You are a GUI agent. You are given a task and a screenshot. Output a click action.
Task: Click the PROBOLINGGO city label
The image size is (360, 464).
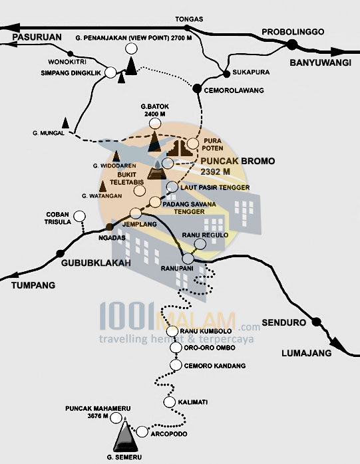pos(292,32)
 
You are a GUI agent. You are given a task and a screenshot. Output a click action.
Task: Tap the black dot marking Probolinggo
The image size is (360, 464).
pos(291,45)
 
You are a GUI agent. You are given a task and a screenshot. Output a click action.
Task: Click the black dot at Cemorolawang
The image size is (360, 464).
pos(197,88)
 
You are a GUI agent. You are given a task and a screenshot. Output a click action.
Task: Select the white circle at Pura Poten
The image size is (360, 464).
pos(193,143)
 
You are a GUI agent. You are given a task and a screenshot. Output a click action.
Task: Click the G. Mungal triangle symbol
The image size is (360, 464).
pos(65,122)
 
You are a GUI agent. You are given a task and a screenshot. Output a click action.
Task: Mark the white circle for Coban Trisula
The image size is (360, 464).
pos(80,216)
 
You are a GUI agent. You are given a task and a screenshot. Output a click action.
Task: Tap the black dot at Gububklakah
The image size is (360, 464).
pos(61,253)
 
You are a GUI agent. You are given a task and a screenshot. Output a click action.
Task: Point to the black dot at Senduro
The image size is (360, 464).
pos(317,322)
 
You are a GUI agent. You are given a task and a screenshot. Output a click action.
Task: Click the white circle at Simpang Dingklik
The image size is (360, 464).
pos(110,71)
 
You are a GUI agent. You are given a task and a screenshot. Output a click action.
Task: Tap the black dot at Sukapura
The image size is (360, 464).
pos(227,74)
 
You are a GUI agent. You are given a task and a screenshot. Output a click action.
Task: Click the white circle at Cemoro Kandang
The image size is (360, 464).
pos(176,365)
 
